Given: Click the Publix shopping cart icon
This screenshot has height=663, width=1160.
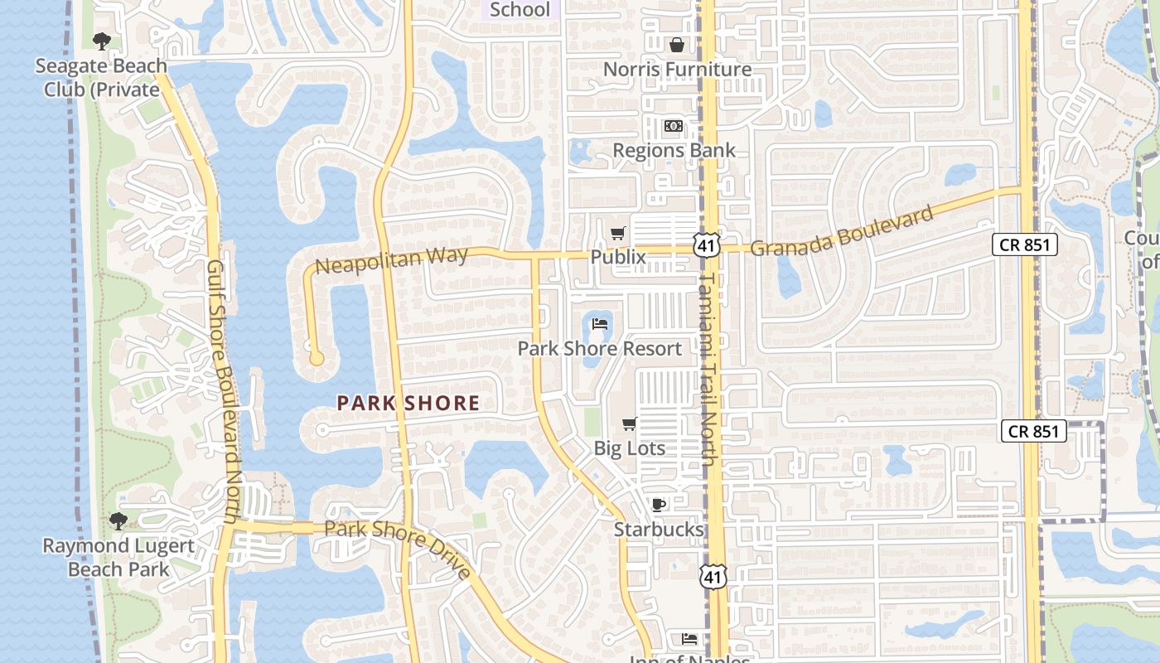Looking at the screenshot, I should tap(617, 234).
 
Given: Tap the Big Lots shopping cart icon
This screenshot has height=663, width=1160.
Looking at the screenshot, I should tap(629, 424).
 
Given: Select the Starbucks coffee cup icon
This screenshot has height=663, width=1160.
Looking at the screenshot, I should tap(658, 505).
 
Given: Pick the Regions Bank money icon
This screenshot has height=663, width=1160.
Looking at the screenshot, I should tap(674, 126).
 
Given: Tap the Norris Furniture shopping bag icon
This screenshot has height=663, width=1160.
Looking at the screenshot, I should tap(676, 45).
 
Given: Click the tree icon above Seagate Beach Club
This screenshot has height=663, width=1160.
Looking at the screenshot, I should tap(102, 41).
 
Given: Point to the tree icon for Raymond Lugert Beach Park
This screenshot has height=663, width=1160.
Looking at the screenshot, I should tap(118, 520).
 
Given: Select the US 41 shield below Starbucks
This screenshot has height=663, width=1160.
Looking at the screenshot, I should tap(713, 577).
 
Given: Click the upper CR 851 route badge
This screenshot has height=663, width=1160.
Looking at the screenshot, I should tap(1026, 244).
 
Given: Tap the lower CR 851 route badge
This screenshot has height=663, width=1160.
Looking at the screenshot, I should tap(1033, 431).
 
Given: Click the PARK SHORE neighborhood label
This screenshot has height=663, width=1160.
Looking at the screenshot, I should tap(408, 404).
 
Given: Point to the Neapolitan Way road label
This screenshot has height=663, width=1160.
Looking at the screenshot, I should tap(392, 261).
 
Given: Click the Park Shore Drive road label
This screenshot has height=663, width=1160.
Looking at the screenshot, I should tap(398, 548).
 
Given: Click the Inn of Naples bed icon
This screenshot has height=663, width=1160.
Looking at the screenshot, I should tap(689, 639).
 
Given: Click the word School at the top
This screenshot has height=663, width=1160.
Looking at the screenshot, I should tap(520, 10).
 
